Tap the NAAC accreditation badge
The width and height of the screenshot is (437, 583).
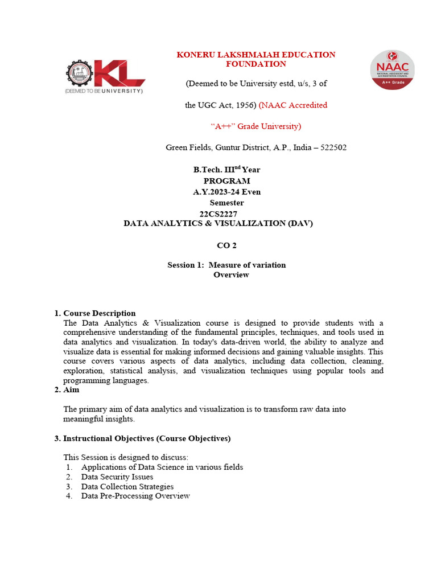tap(392, 69)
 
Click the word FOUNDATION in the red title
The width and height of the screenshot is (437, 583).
tap(255, 64)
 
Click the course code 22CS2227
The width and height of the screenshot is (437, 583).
tap(218, 214)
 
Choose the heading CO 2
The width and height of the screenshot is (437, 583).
tap(226, 245)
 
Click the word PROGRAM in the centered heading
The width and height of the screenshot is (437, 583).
tap(226, 181)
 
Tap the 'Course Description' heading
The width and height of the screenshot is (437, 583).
tap(99, 313)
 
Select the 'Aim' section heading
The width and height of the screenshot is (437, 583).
tap(71, 390)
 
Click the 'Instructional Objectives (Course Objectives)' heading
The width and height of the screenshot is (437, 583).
tap(146, 438)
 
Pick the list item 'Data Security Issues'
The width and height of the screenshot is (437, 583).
tap(117, 477)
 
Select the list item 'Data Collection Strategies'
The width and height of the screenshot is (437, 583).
tap(127, 487)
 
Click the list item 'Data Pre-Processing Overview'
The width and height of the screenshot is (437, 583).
tap(135, 496)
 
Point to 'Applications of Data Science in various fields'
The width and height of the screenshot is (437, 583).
tap(162, 467)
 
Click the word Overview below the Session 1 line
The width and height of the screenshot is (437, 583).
tap(231, 274)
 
